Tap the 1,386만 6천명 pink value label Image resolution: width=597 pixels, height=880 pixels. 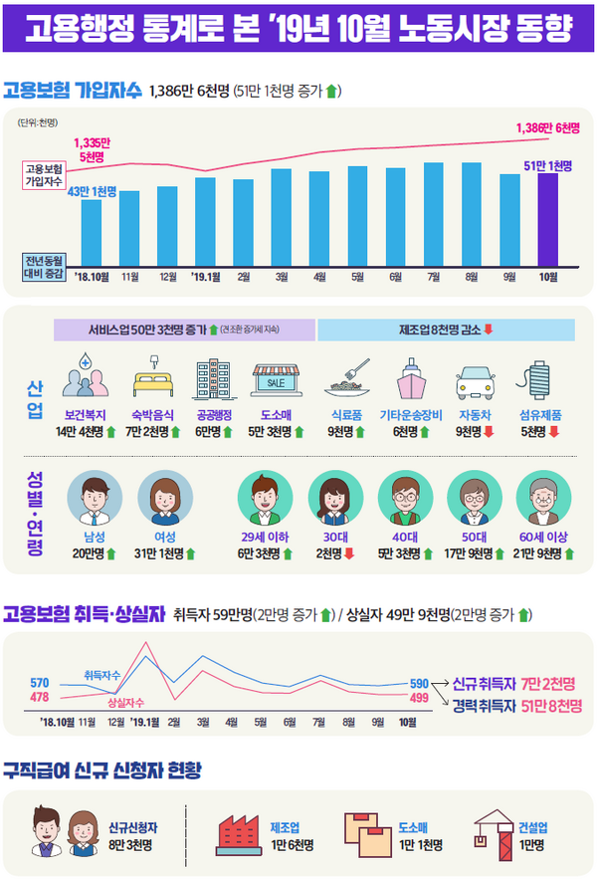[x=548, y=128]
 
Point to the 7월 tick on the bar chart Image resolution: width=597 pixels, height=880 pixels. [x=434, y=276]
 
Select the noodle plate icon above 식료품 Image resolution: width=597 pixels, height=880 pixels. [x=349, y=379]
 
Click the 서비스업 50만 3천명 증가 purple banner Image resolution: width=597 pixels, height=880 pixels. [x=185, y=330]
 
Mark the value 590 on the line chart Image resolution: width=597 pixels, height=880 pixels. [x=419, y=684]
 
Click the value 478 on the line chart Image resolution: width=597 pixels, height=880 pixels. [x=40, y=697]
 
